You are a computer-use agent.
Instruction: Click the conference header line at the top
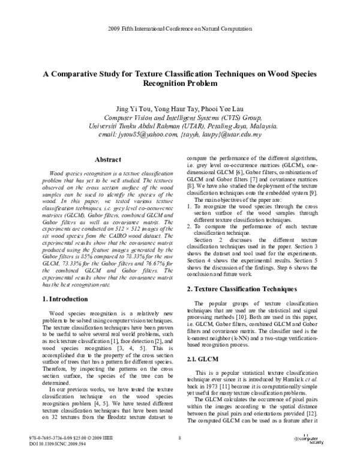coord(179,29)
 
